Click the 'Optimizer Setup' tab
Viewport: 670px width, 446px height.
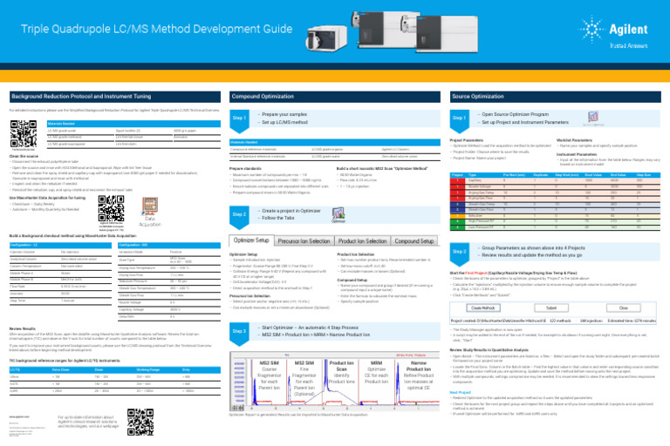pos(251,215)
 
